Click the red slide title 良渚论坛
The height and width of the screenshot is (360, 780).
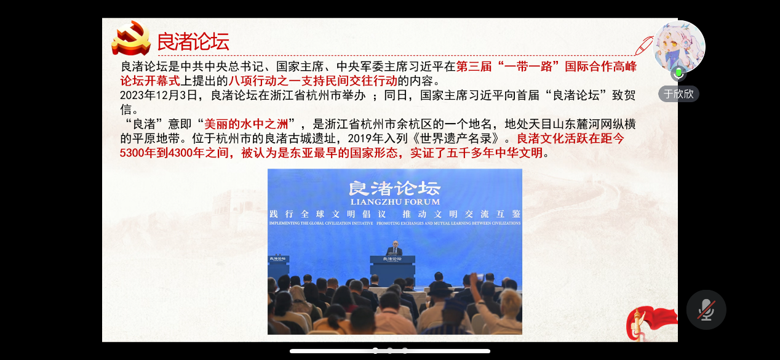click(193, 41)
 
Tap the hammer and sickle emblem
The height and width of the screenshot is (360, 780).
click(131, 38)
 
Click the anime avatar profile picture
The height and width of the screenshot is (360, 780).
click(679, 47)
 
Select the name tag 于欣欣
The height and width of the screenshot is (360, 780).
click(679, 94)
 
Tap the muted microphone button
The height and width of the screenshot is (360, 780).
click(706, 310)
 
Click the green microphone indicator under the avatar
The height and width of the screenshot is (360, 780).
click(679, 73)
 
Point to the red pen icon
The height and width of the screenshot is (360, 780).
click(644, 46)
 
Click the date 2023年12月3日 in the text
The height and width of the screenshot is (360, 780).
click(159, 95)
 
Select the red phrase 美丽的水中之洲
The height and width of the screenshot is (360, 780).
click(246, 124)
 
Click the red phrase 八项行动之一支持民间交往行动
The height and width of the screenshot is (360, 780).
click(312, 81)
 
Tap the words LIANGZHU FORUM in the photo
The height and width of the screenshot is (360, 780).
click(395, 202)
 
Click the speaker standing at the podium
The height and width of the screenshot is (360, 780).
click(394, 248)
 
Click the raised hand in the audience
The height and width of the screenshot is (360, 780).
click(475, 281)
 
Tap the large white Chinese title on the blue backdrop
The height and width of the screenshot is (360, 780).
click(394, 188)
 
